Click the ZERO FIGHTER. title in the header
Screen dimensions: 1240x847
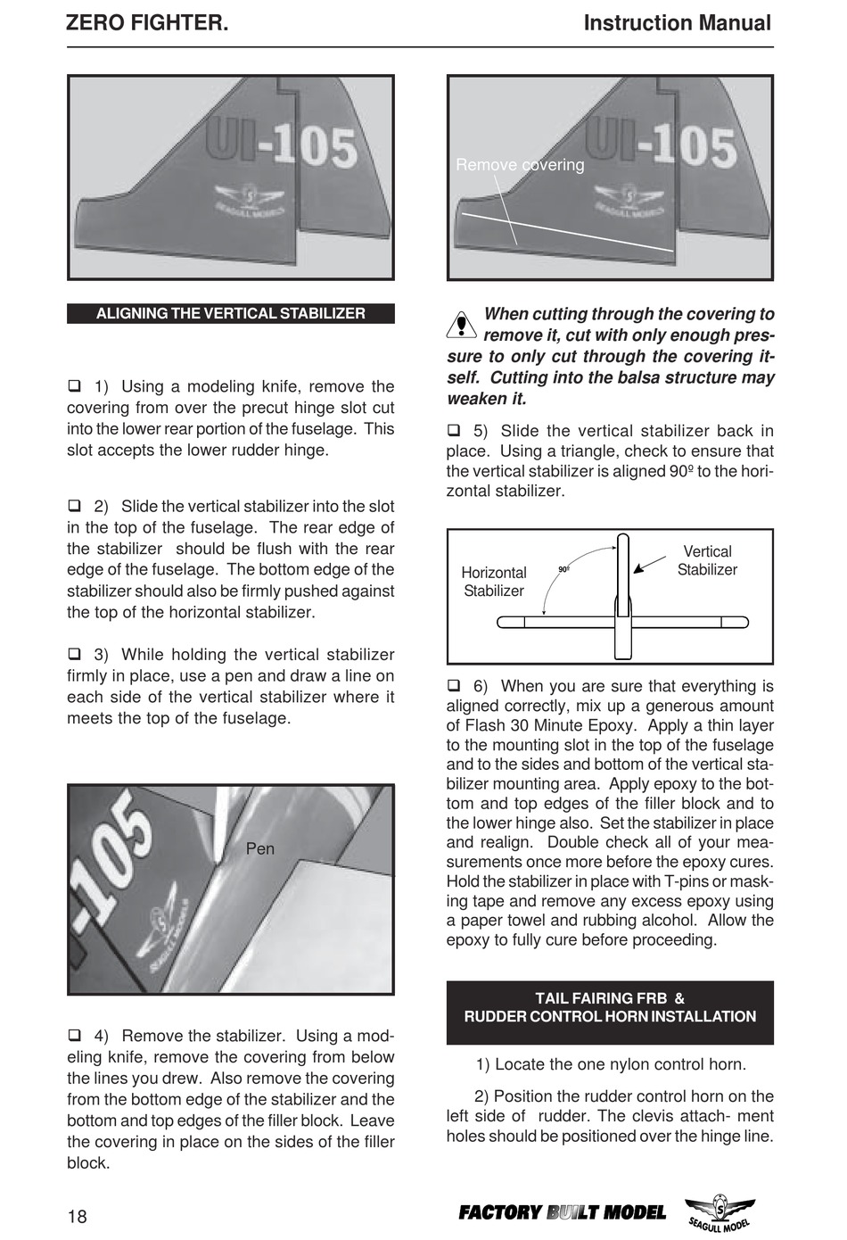tap(147, 23)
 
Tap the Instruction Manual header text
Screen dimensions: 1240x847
tap(677, 23)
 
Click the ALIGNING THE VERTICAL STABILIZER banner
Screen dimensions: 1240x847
tap(230, 314)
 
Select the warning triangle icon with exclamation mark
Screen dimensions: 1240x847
tap(461, 325)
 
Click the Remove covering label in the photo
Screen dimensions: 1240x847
tap(520, 165)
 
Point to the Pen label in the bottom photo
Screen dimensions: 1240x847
tap(260, 848)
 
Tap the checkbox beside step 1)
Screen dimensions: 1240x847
tap(75, 386)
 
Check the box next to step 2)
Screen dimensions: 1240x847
tap(75, 506)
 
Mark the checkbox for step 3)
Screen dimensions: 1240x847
tap(75, 654)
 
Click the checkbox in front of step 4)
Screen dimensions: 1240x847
tap(75, 1036)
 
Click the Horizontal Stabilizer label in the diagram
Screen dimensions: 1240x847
tap(494, 582)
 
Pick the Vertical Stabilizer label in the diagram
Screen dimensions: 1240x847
tap(707, 561)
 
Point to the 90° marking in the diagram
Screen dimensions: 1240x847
tap(563, 569)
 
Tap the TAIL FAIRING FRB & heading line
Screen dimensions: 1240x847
tap(610, 998)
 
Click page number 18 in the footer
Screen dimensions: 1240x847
tap(78, 1217)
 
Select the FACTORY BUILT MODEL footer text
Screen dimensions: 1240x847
tap(562, 1212)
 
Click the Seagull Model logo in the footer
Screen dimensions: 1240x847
tap(720, 1214)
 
